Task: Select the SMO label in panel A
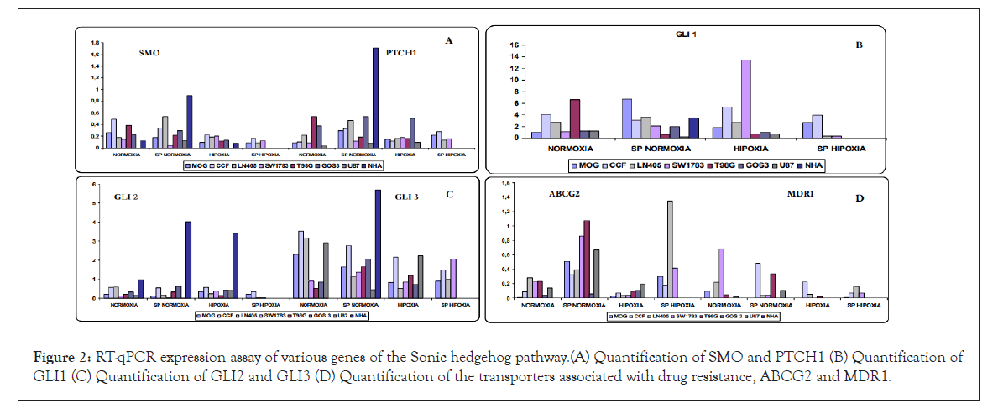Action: [150, 53]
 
